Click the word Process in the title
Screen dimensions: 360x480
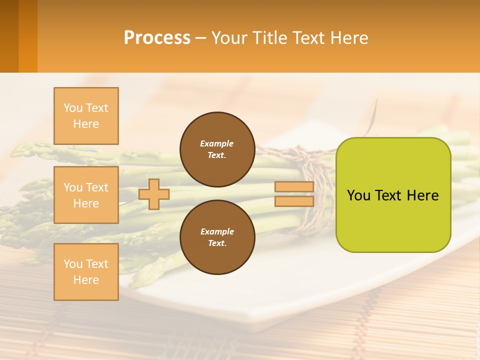[x=157, y=38]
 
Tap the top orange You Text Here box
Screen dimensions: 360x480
[x=86, y=116]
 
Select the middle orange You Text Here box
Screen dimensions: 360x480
[x=86, y=195]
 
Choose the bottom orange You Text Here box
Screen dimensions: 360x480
[x=86, y=272]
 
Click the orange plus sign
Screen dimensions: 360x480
[x=154, y=194]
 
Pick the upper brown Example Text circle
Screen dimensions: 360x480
[x=217, y=149]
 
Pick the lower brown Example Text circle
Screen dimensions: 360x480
[x=217, y=237]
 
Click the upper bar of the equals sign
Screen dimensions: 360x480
[x=294, y=187]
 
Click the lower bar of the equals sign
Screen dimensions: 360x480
[x=294, y=201]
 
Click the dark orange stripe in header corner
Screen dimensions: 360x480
[x=9, y=36]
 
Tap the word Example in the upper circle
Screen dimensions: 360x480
[x=217, y=144]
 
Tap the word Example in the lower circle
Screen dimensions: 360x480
[x=217, y=232]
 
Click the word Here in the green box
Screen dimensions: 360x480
[x=423, y=195]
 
